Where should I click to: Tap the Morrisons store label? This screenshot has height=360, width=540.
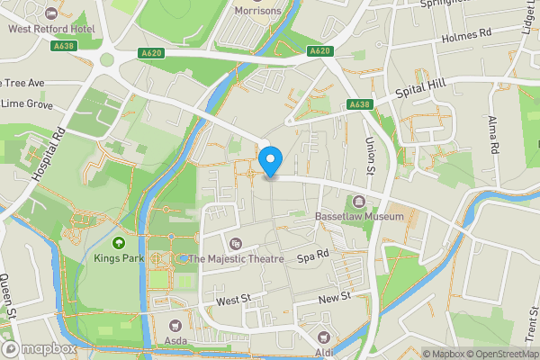(x=258, y=11)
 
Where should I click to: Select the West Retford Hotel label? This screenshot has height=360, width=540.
(x=51, y=28)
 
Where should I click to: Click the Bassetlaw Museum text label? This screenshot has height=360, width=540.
(x=359, y=217)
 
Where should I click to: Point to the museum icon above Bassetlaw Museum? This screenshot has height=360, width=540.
(x=359, y=201)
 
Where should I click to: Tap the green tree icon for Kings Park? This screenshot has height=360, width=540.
(x=118, y=242)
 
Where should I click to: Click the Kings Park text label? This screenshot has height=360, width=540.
(x=118, y=258)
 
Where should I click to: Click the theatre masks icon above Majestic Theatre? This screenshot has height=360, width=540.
(x=236, y=243)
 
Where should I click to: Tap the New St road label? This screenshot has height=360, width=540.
(x=335, y=298)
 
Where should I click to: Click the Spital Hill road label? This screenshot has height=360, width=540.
(x=422, y=93)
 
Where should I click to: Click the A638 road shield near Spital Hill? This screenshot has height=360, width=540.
(x=360, y=105)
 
